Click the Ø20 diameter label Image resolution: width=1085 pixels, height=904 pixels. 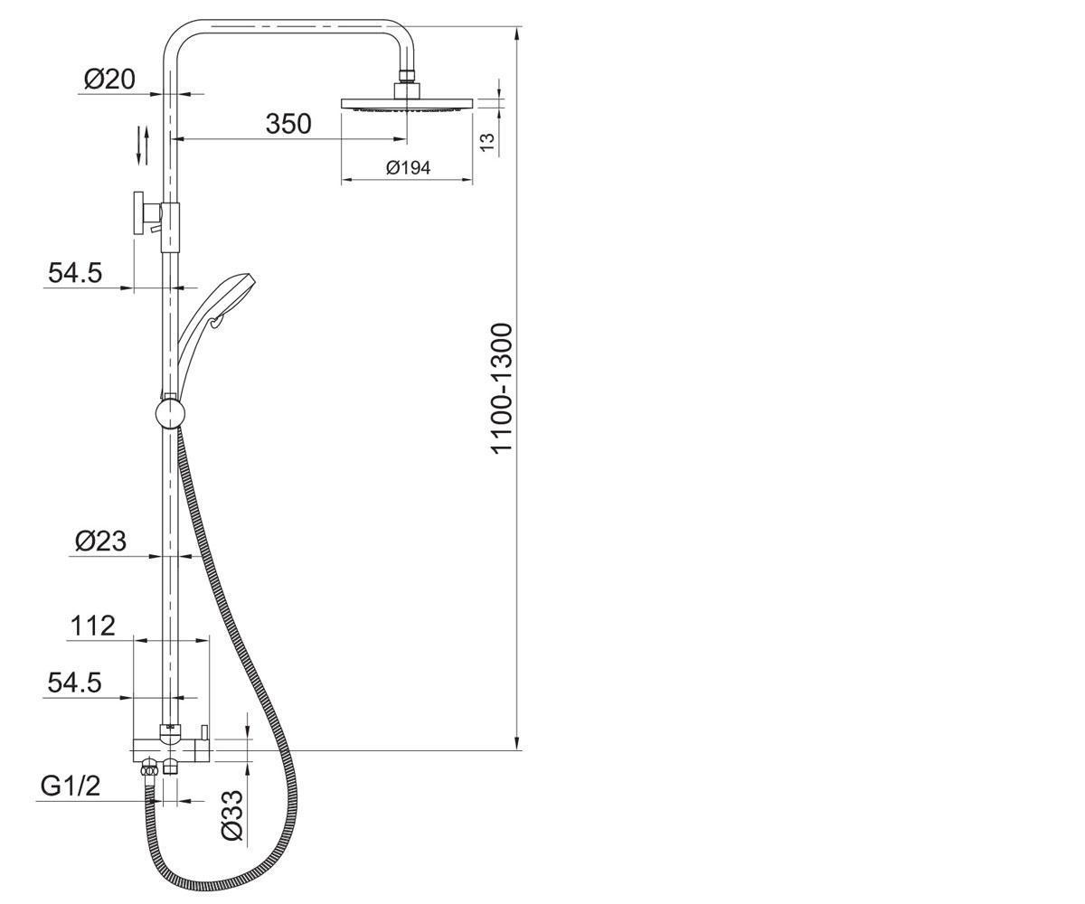[109, 80]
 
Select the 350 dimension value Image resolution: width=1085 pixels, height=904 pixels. [288, 124]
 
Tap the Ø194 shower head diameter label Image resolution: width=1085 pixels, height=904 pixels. [408, 168]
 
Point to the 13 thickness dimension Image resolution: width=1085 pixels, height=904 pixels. [488, 142]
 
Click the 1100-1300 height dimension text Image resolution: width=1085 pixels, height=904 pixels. [502, 389]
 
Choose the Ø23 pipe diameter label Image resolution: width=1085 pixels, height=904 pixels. [100, 541]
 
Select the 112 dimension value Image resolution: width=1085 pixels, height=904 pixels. [92, 626]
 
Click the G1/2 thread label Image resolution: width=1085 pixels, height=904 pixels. [71, 786]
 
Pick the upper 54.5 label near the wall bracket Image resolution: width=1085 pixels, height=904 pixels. [75, 273]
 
